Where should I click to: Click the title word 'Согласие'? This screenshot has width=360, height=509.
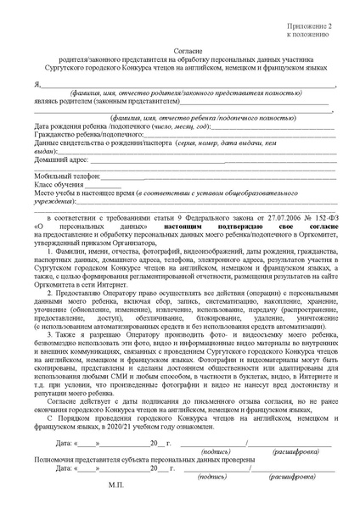(181, 51)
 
